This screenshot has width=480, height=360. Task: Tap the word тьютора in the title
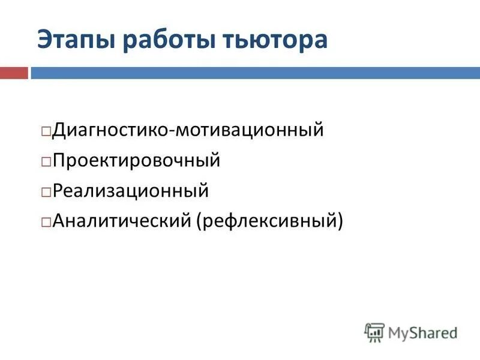277,40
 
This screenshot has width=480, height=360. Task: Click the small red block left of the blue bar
14,73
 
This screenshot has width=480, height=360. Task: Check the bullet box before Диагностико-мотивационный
46,130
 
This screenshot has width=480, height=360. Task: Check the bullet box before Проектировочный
46,161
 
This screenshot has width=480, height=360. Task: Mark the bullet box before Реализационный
46,193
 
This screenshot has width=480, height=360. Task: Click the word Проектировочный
137,161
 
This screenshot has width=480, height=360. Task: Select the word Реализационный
131,192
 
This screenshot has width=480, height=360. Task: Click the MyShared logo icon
374,332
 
